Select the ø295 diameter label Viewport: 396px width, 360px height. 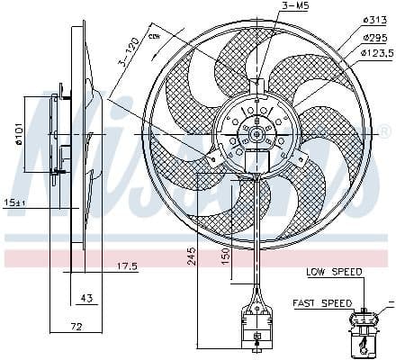click(x=374, y=38)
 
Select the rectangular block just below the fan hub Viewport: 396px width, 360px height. click(x=258, y=163)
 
